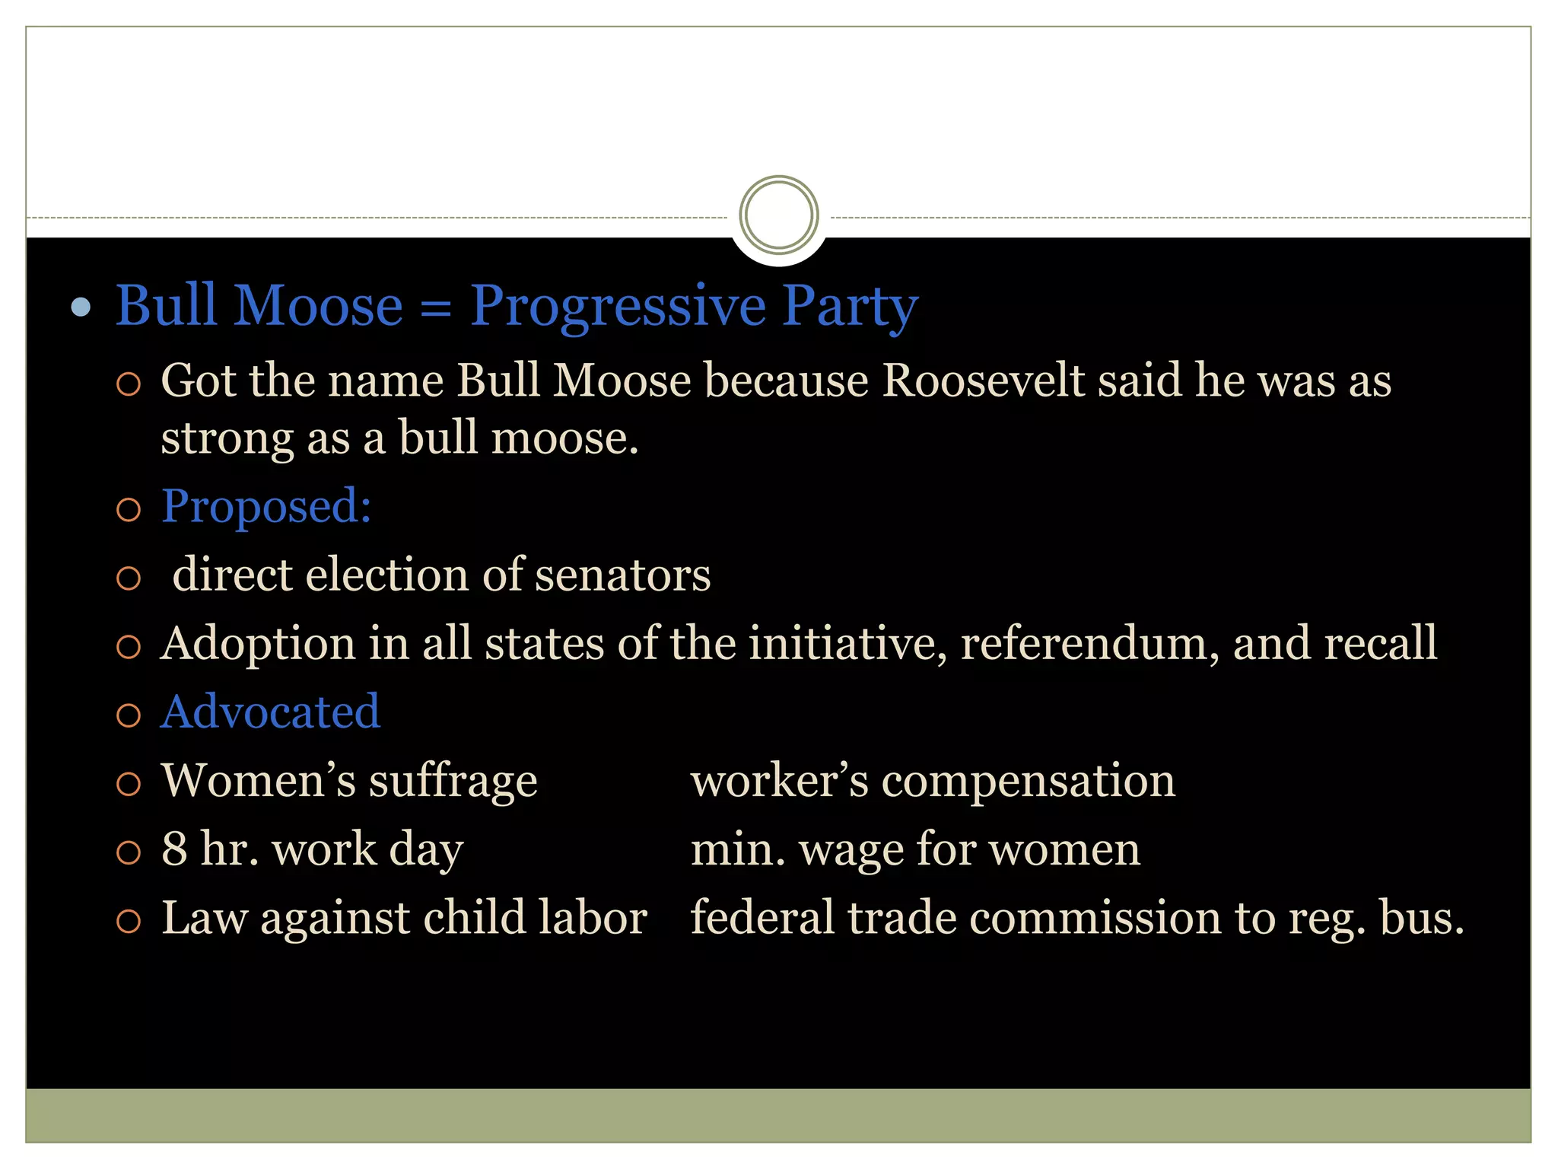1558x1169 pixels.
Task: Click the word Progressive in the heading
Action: click(x=617, y=307)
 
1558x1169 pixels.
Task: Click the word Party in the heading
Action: click(x=850, y=307)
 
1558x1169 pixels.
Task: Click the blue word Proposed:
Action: click(x=266, y=506)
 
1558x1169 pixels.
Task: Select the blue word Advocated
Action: click(x=270, y=712)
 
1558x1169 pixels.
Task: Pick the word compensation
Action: click(x=1028, y=781)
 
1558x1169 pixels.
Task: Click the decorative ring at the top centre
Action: click(x=778, y=215)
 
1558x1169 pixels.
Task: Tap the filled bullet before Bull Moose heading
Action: click(x=81, y=307)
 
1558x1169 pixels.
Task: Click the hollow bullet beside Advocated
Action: click(x=129, y=715)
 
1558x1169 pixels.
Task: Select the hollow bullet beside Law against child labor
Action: click(x=129, y=921)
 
